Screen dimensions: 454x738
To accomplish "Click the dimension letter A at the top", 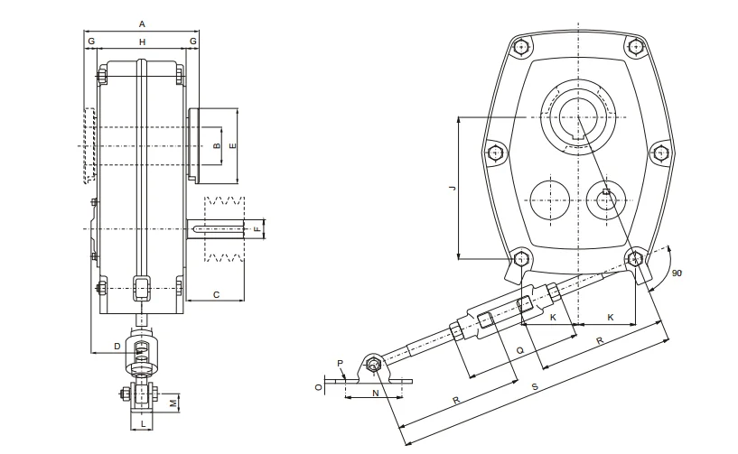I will coord(141,23).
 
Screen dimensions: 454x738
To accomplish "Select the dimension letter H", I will coord(142,42).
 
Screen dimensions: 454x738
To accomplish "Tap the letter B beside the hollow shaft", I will coord(215,145).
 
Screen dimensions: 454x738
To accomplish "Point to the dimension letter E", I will coord(232,145).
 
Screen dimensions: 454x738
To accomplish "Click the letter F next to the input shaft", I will coord(257,230).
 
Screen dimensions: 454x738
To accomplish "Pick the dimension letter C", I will coord(216,294).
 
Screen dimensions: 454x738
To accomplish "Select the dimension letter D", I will coord(117,346).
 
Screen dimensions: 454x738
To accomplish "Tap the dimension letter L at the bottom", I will coord(142,422).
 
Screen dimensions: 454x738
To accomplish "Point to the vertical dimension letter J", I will coord(453,187).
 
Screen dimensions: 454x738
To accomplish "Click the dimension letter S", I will coord(536,389).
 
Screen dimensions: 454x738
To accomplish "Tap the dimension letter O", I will coord(317,386).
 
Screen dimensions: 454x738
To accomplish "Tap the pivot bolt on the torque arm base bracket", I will coord(373,366).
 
